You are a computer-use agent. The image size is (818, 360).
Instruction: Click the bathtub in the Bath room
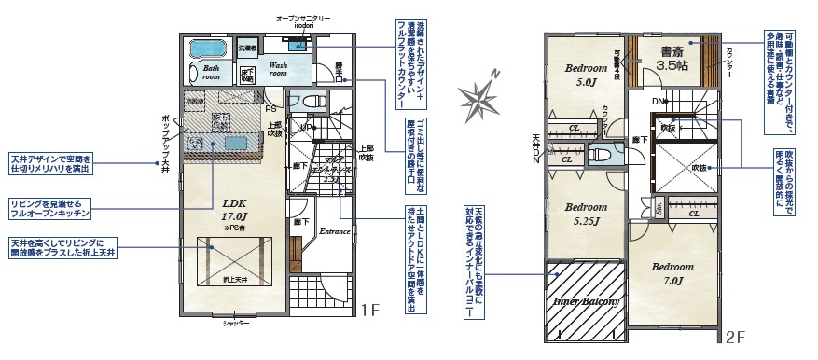[x=208, y=48]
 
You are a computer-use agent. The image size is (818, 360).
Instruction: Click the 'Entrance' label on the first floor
[x=334, y=228]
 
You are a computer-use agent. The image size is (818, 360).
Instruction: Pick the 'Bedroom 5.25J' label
[x=586, y=214]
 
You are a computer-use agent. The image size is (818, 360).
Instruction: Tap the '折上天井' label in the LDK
[x=233, y=280]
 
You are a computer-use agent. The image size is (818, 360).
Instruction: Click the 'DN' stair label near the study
[x=659, y=101]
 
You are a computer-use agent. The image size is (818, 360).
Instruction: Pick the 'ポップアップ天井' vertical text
[x=165, y=140]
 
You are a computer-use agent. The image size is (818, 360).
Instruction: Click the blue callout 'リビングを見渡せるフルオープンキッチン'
[x=51, y=208]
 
